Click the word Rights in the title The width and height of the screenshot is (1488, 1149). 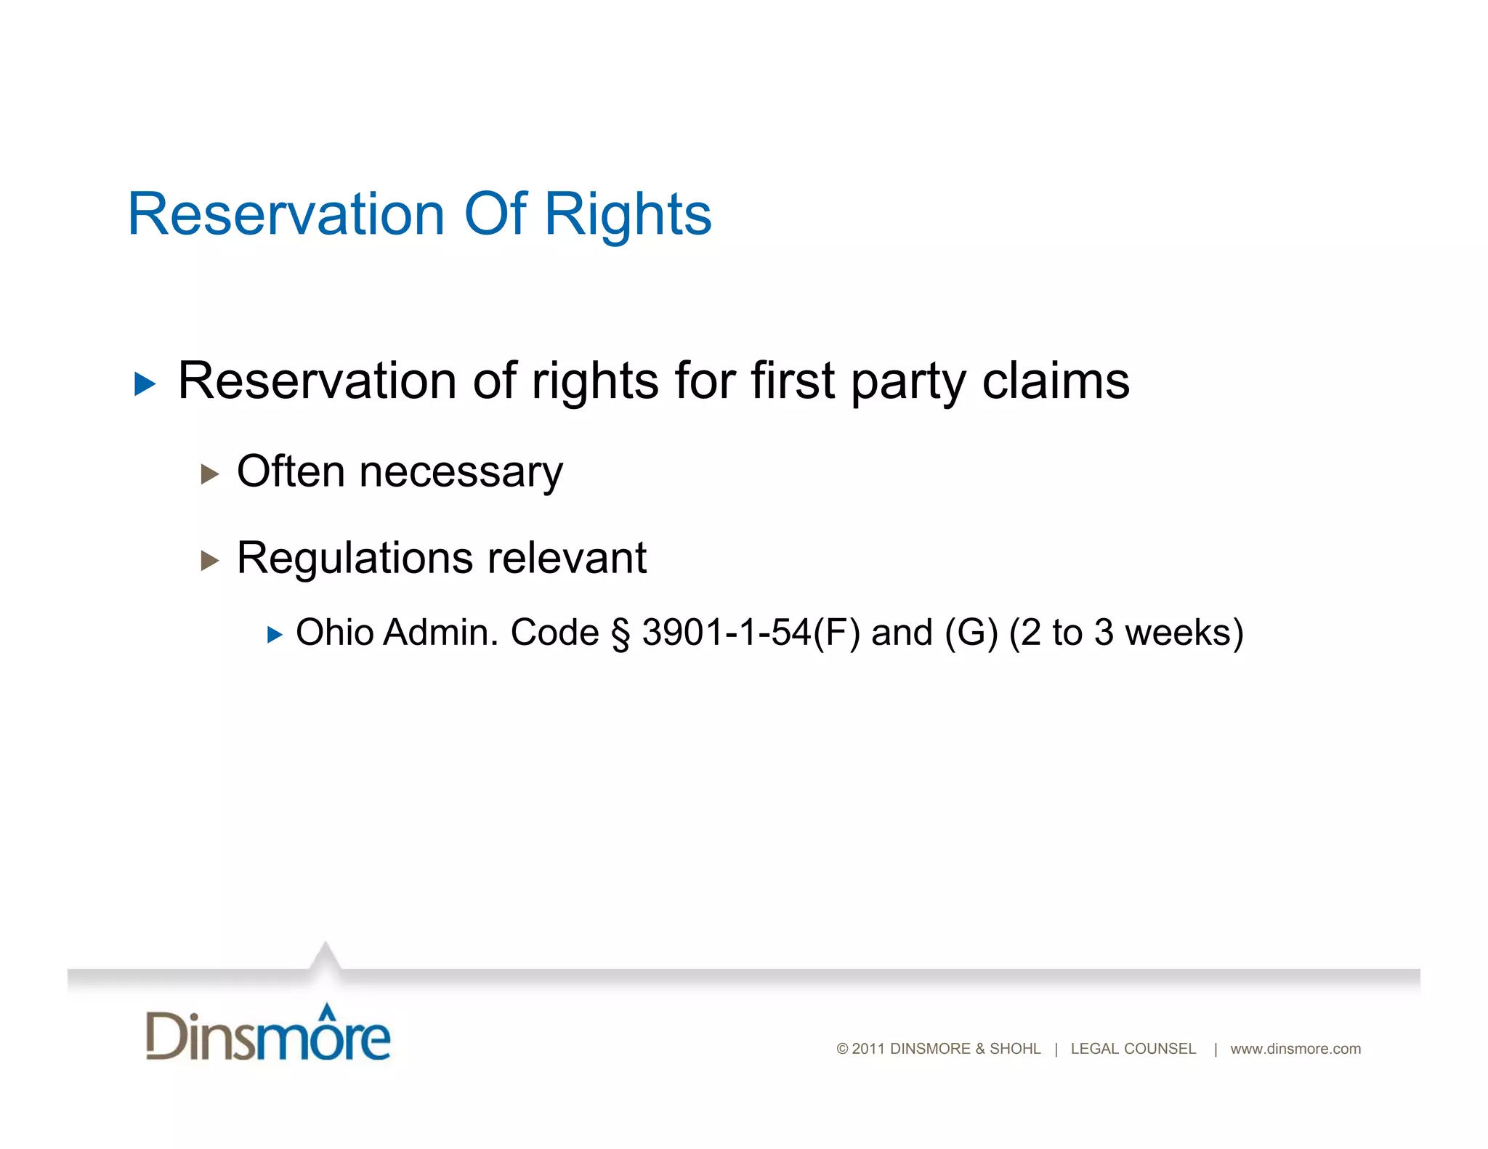pos(628,215)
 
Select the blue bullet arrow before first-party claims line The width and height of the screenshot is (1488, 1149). pos(145,383)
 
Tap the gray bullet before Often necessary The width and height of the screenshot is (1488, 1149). pos(210,474)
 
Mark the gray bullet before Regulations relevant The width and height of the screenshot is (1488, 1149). pos(210,560)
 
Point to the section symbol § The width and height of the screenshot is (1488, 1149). pos(620,633)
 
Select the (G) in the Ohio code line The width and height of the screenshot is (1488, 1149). pos(971,632)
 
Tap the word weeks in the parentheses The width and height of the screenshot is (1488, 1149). pos(1184,632)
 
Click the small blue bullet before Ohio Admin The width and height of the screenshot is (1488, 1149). pos(275,636)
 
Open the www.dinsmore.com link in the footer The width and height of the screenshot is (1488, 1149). pos(1295,1049)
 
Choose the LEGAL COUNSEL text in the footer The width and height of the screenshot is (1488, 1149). pos(1133,1049)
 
